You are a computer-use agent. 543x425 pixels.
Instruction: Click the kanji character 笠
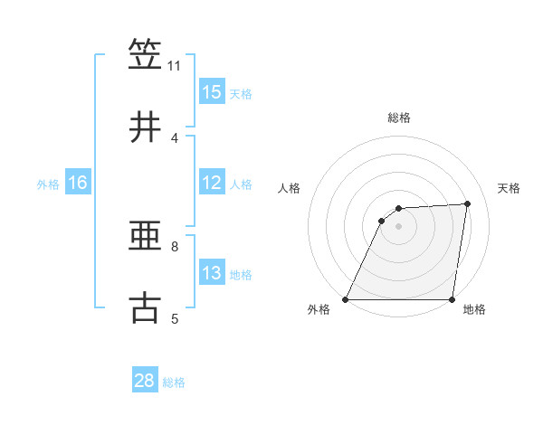point(146,54)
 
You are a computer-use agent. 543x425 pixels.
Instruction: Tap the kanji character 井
point(146,127)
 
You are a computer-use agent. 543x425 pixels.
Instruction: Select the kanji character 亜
point(146,236)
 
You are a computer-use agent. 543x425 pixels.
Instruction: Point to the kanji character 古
point(146,307)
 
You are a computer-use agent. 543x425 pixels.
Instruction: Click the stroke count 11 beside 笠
point(174,66)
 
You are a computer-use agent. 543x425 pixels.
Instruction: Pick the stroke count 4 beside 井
point(174,138)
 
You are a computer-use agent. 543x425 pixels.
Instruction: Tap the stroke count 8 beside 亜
point(174,246)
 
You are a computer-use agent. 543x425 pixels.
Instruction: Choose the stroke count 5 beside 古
point(174,318)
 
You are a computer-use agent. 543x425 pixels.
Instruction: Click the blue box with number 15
point(212,92)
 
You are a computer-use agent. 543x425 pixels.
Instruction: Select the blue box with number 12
point(212,183)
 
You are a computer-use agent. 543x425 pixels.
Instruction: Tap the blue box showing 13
point(212,273)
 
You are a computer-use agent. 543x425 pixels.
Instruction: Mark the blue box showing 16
point(78,183)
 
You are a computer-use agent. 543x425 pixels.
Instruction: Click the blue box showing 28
point(145,381)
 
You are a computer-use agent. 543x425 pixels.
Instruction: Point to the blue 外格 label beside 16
point(48,184)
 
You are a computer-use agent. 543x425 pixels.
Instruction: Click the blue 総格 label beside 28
point(174,382)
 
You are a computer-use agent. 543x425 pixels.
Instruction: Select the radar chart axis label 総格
point(399,118)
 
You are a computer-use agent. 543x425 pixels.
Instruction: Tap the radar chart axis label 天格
point(510,188)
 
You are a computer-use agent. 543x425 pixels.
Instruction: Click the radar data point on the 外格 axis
point(346,299)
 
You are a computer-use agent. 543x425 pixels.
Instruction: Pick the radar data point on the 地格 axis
point(452,299)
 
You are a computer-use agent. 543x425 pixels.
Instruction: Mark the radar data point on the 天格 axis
point(468,203)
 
